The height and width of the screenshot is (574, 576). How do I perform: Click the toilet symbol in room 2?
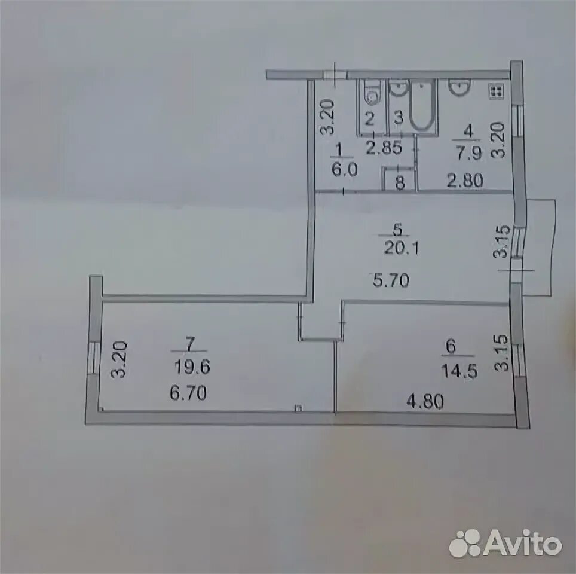coord(372,93)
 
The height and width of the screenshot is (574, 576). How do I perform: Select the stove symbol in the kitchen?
coord(496,91)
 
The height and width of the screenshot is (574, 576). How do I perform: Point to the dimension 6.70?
coord(189,393)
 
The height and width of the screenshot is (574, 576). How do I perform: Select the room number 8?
coord(400,183)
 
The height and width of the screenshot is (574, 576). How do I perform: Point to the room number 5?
coord(399,228)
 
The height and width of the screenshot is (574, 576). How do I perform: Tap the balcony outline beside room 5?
coord(540,248)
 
